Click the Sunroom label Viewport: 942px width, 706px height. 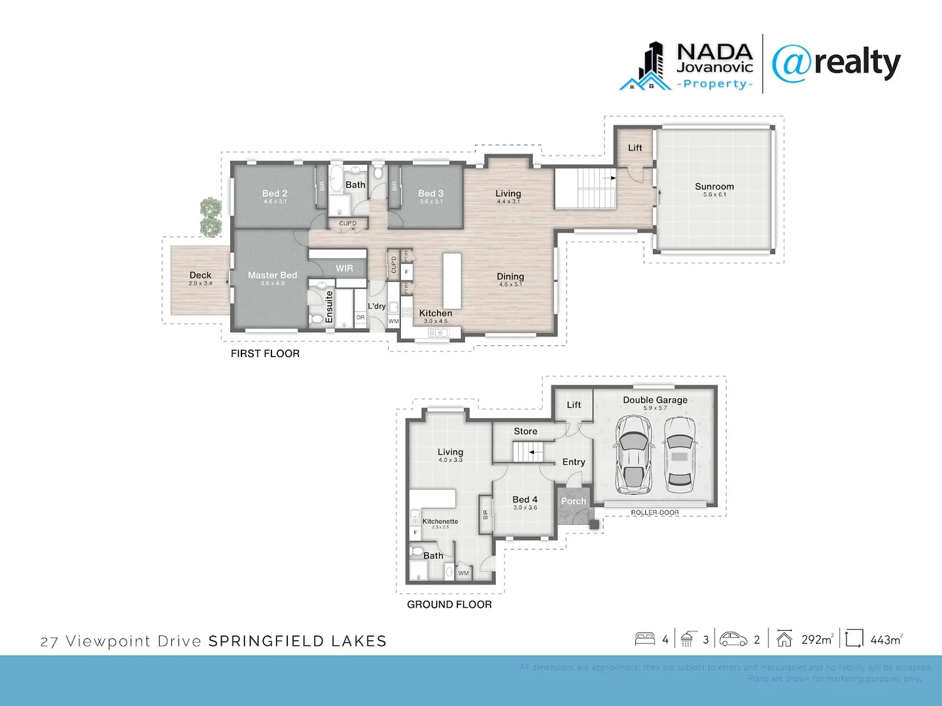[714, 187]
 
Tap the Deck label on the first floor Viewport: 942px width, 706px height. [200, 275]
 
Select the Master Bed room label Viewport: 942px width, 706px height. [272, 275]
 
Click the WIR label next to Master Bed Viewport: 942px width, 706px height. [344, 269]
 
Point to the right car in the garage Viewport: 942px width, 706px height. [680, 455]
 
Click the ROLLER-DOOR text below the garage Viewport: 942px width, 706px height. [655, 513]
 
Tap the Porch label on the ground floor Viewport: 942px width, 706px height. [574, 501]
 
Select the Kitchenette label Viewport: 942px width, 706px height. [440, 521]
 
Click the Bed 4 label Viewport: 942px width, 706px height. [525, 499]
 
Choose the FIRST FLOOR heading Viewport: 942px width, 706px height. [265, 354]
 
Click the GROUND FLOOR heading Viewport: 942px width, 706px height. [449, 605]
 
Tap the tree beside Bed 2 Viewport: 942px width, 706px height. [211, 217]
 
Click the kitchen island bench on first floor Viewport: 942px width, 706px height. [451, 272]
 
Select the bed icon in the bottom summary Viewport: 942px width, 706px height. [645, 639]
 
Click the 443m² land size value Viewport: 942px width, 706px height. [886, 640]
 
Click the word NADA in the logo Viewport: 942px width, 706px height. [714, 52]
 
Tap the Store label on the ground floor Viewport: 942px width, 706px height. [525, 431]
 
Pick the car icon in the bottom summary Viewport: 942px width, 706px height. [733, 639]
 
